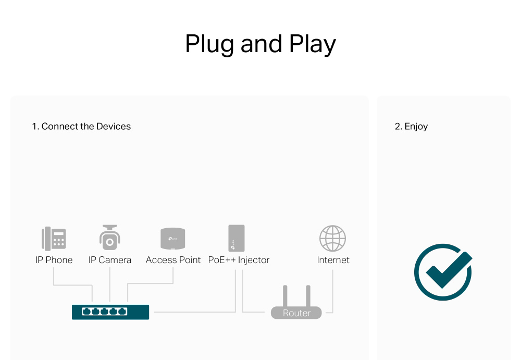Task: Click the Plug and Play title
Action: (x=260, y=44)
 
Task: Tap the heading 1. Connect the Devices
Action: (x=81, y=126)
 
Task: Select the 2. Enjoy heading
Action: (x=411, y=126)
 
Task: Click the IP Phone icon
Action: (x=54, y=239)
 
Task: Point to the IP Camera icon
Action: (x=109, y=238)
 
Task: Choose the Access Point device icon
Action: (x=173, y=239)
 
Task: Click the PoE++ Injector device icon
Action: (x=236, y=238)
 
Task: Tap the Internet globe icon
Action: (x=332, y=239)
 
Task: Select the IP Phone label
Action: (x=54, y=260)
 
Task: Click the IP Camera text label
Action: (x=109, y=260)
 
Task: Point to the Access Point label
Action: (x=173, y=260)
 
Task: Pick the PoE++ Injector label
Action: (x=239, y=260)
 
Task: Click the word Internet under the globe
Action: (x=333, y=260)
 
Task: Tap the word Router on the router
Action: (x=296, y=313)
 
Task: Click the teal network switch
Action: (x=110, y=312)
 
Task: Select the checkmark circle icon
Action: (x=443, y=271)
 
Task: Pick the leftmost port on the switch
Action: (x=86, y=312)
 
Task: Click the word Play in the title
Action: (x=313, y=44)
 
